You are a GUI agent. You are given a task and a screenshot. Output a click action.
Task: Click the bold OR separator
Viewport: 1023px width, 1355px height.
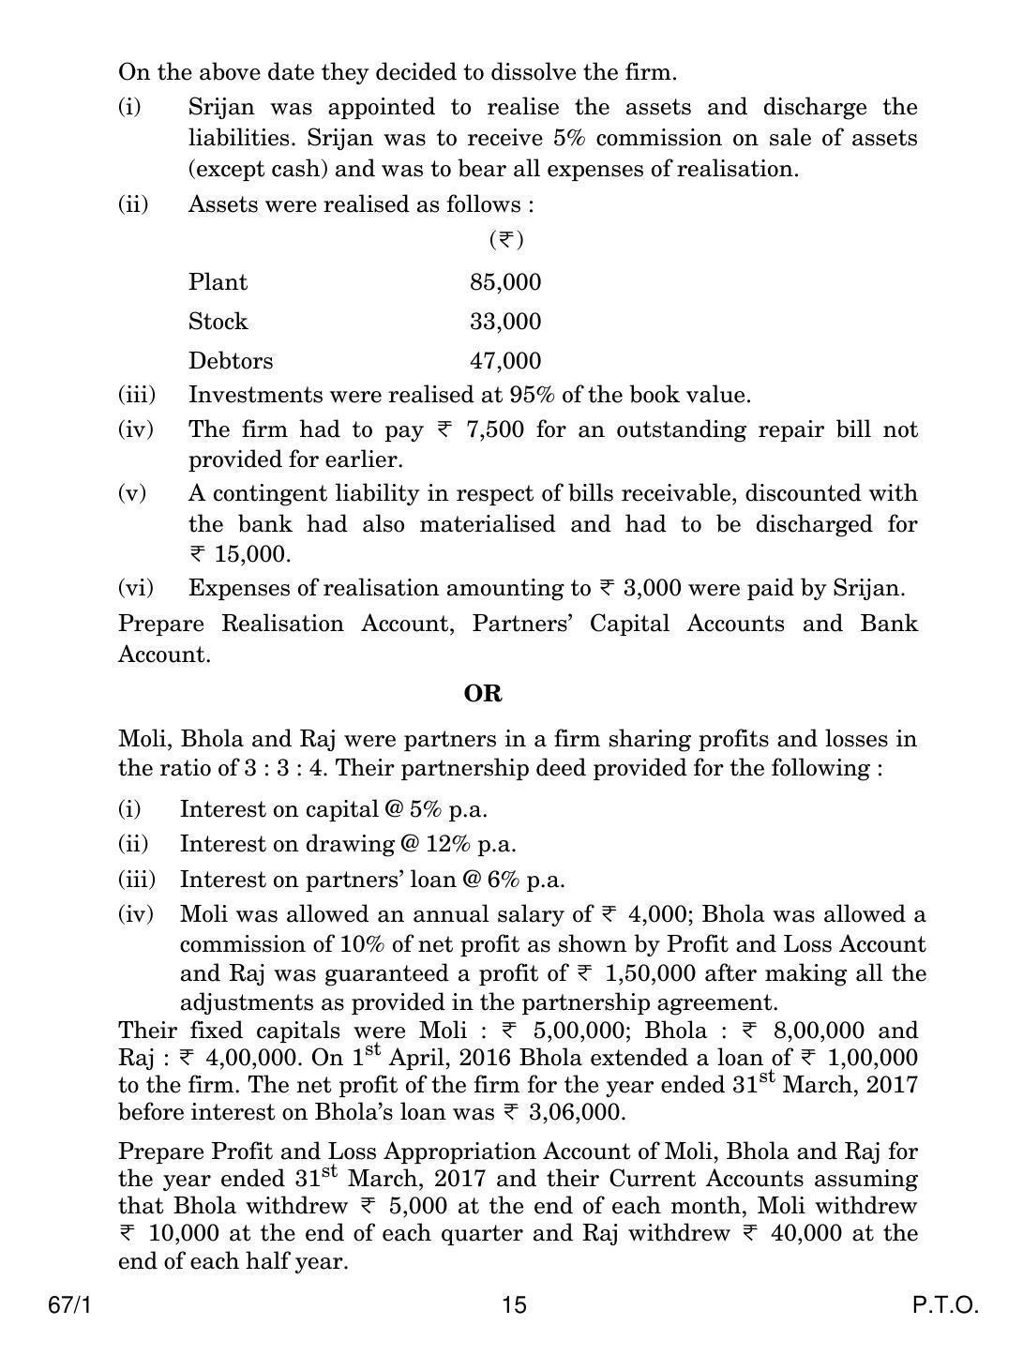point(483,694)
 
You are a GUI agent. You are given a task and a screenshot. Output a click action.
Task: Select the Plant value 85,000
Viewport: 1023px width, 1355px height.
point(505,282)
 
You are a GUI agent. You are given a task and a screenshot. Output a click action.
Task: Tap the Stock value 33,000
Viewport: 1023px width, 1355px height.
point(505,322)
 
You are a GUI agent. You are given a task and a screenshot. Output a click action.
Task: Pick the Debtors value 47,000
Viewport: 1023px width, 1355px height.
point(505,361)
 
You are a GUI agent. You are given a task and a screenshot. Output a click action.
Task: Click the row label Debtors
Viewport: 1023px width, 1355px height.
point(231,361)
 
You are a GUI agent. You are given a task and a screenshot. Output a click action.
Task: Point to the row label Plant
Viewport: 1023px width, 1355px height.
point(218,282)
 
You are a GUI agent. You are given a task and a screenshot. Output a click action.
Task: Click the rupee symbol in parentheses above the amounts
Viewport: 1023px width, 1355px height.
point(506,240)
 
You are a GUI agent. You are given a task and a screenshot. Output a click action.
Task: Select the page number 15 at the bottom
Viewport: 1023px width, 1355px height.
point(515,1305)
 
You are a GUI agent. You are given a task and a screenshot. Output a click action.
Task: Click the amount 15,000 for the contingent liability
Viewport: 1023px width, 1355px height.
point(252,554)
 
